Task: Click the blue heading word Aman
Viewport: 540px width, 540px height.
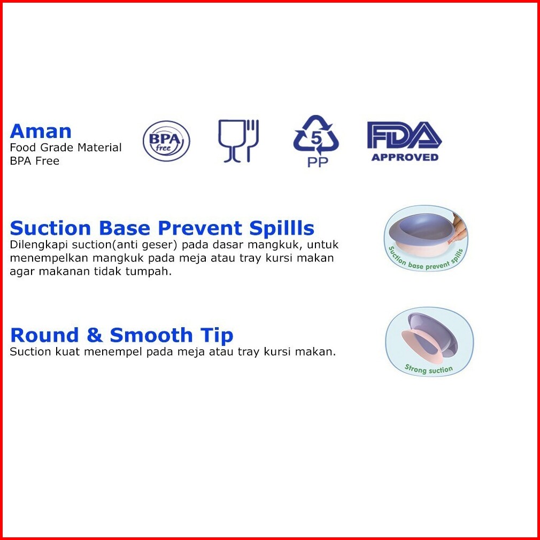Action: pyautogui.click(x=41, y=131)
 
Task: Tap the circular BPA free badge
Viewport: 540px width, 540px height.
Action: pyautogui.click(x=166, y=141)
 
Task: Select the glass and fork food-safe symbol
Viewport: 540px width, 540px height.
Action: pyautogui.click(x=238, y=141)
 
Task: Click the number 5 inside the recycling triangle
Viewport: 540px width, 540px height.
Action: pyautogui.click(x=316, y=138)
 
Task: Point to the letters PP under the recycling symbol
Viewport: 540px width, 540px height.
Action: pyautogui.click(x=318, y=162)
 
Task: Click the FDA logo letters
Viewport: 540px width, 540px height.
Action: pyautogui.click(x=404, y=135)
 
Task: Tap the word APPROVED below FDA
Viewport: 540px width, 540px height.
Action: pyautogui.click(x=405, y=157)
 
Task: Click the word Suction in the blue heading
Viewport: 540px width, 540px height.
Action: pyautogui.click(x=51, y=228)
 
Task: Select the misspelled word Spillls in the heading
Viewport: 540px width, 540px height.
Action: pyautogui.click(x=282, y=229)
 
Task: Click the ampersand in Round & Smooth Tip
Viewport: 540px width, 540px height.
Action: pyautogui.click(x=94, y=335)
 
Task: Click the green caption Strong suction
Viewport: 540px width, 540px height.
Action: pyautogui.click(x=428, y=369)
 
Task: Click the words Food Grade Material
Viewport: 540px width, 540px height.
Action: pyautogui.click(x=66, y=148)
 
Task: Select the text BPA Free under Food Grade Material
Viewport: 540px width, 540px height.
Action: pyautogui.click(x=34, y=161)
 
